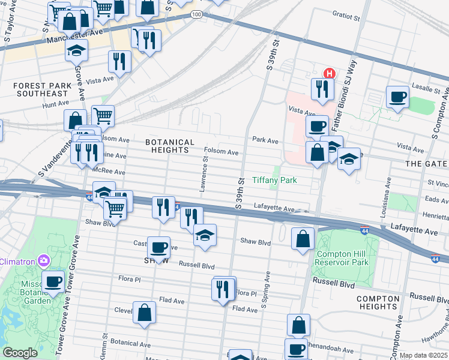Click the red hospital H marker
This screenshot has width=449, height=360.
point(329,73)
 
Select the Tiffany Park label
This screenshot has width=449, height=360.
point(274,180)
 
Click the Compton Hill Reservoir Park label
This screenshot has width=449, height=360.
point(342,258)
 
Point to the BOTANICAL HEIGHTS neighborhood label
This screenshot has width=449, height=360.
point(170,146)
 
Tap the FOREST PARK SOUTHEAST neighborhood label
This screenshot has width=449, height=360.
point(41,89)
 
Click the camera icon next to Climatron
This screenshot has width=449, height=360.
point(43,260)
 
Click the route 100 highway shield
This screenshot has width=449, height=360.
point(197,13)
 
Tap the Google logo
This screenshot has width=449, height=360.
point(20,353)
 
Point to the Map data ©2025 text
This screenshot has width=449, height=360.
point(423,355)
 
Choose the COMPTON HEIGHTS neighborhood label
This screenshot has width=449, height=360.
point(378,302)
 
